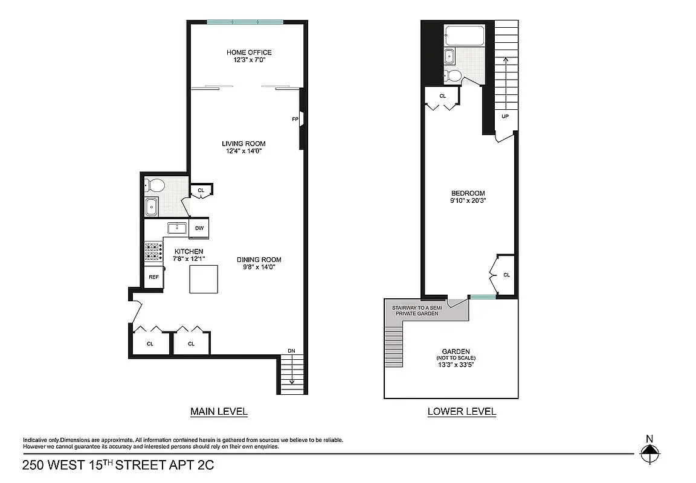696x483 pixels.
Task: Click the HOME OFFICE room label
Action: (x=249, y=53)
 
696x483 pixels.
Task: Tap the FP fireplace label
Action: (x=295, y=120)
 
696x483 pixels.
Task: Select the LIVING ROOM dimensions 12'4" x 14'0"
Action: (x=243, y=152)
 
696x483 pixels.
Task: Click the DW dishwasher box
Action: (x=199, y=228)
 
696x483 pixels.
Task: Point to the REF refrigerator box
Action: (x=153, y=277)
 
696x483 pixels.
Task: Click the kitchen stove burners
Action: (x=153, y=252)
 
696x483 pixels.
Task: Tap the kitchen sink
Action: (x=178, y=228)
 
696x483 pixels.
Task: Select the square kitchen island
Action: (x=204, y=280)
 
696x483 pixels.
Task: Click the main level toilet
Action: (x=156, y=185)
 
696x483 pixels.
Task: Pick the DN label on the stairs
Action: (x=291, y=350)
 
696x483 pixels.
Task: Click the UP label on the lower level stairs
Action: (x=504, y=116)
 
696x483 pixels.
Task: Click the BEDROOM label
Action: (x=469, y=193)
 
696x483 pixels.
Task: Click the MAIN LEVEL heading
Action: (x=219, y=412)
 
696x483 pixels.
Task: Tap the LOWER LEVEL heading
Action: (x=462, y=412)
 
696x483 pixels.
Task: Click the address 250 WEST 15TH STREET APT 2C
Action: (x=118, y=465)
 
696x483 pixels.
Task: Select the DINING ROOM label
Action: (x=259, y=260)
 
